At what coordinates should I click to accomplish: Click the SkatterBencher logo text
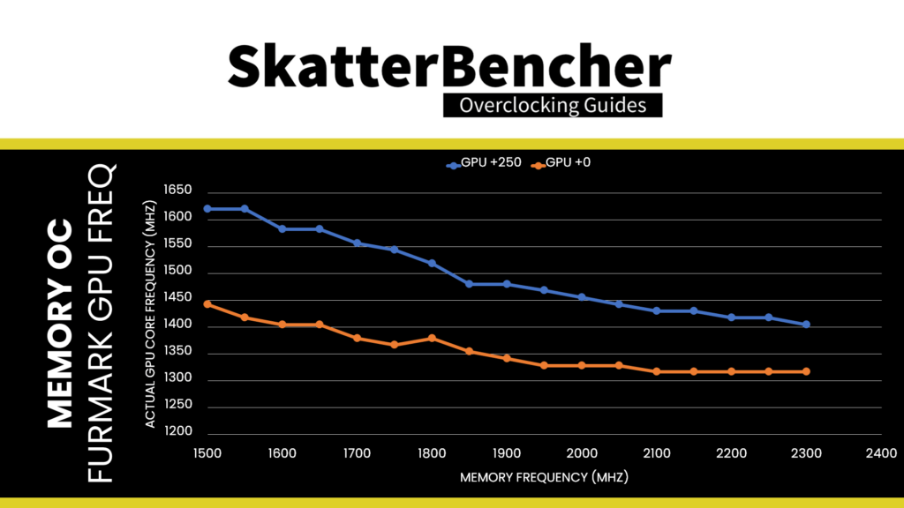(450, 65)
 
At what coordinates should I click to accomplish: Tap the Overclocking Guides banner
(552, 105)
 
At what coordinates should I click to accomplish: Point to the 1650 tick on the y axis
(179, 190)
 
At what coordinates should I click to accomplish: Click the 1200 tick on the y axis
(179, 432)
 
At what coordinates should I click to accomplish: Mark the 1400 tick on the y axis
(179, 326)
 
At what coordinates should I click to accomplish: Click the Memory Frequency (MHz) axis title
(544, 477)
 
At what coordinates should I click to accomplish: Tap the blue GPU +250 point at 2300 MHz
(806, 325)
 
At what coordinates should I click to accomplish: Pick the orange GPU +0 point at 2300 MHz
(806, 371)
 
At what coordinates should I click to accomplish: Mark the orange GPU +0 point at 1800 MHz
(432, 338)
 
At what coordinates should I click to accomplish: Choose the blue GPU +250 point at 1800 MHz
(432, 263)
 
